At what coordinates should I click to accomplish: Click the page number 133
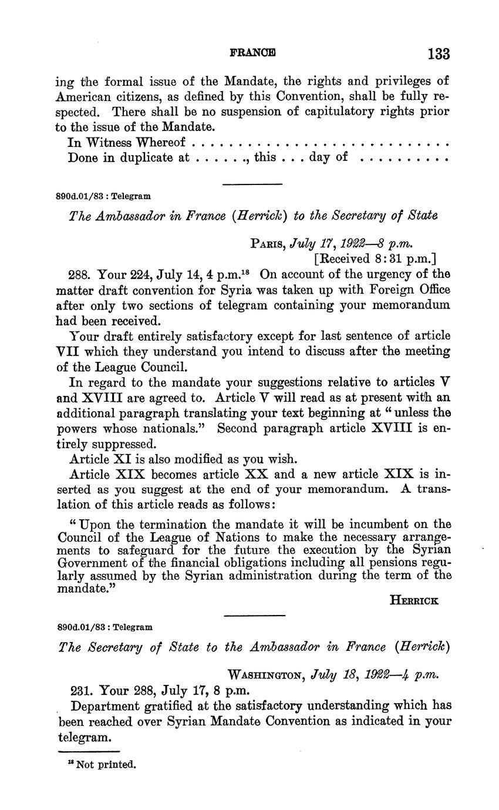click(439, 54)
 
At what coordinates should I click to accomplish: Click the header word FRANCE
click(252, 52)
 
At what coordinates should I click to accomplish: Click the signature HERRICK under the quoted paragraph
click(414, 600)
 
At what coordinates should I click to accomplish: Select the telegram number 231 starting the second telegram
click(80, 690)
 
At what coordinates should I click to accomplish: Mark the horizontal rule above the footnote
click(89, 752)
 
